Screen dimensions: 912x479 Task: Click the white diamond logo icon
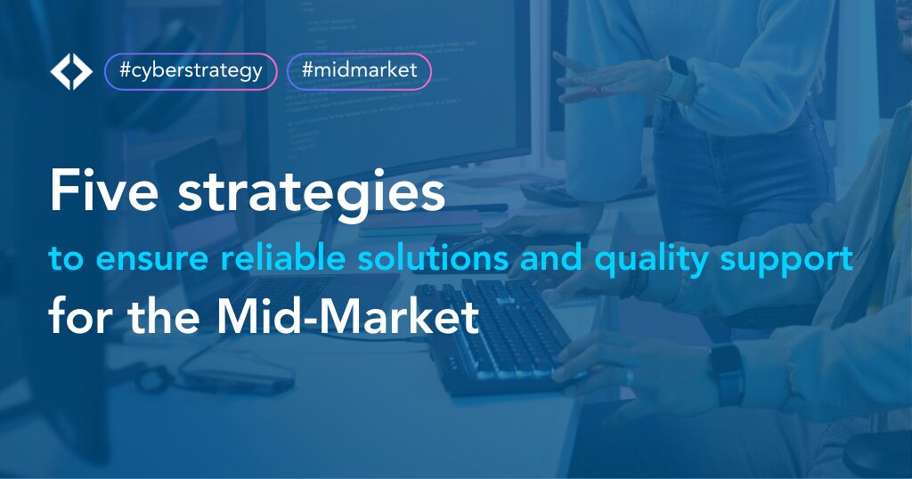point(71,72)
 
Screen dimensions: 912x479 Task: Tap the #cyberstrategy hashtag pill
point(191,71)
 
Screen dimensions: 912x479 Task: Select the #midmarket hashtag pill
point(360,71)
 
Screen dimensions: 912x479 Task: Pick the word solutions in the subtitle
point(434,257)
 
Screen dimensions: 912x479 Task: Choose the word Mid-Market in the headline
point(348,316)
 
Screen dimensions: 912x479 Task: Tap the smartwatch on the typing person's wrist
point(727,374)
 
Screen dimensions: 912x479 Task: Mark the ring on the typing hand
point(630,378)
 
